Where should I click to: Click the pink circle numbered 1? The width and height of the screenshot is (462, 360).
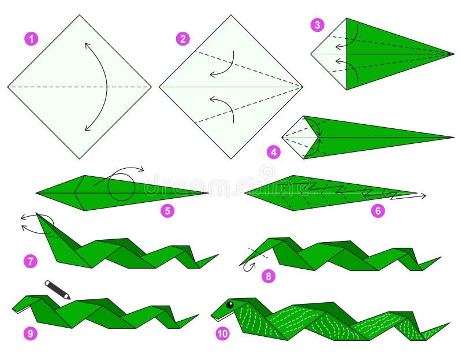(31, 39)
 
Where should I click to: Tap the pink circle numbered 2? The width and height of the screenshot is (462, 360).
(183, 39)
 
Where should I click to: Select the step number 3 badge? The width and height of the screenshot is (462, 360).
(317, 25)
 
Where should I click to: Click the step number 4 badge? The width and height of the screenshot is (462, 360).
(274, 152)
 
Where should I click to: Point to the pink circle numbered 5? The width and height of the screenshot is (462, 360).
(167, 211)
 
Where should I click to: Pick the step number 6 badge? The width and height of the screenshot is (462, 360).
(378, 211)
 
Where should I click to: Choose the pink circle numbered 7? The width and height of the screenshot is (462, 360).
(31, 261)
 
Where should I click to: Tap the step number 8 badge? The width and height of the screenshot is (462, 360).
(268, 276)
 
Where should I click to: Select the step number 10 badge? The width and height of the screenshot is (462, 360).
(222, 333)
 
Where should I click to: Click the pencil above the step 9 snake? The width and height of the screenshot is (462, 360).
(57, 290)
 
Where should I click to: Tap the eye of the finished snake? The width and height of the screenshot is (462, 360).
(230, 305)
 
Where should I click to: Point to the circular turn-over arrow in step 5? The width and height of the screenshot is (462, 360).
(121, 184)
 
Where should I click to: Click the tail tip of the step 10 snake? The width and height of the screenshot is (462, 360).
(448, 324)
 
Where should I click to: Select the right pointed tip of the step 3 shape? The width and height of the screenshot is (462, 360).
(453, 54)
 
